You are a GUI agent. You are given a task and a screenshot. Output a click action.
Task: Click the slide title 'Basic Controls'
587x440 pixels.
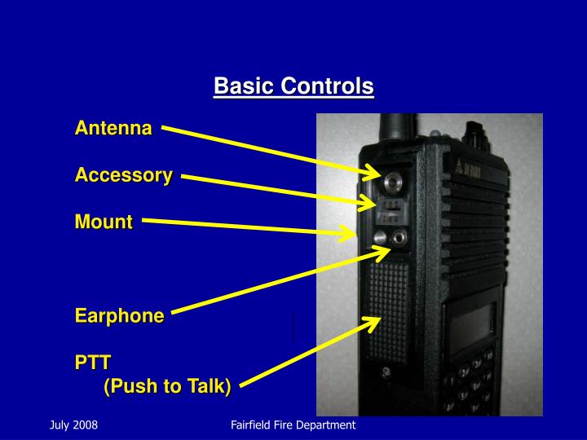pos(293,86)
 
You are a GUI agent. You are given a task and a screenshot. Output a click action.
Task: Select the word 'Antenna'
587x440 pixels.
pos(113,129)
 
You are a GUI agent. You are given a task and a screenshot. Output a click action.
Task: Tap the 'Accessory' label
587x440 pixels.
pos(124,175)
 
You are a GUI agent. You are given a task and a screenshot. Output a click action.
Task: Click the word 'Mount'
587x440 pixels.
pos(104,222)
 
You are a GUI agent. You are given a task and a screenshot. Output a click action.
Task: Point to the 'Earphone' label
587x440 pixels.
pos(120,316)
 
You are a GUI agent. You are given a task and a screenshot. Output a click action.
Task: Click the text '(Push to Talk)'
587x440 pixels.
pos(167,386)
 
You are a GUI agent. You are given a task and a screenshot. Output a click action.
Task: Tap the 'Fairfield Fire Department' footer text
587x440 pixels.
pos(293,425)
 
